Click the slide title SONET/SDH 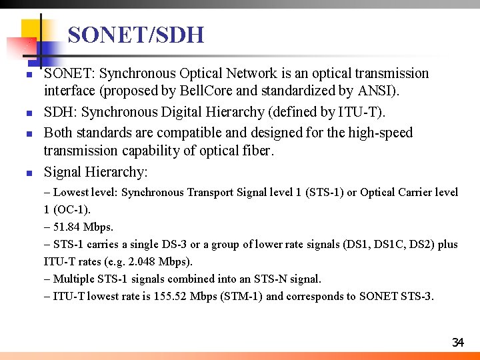[x=136, y=35]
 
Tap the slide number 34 [x=457, y=343]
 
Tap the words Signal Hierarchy [x=95, y=172]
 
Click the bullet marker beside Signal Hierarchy [x=29, y=173]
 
